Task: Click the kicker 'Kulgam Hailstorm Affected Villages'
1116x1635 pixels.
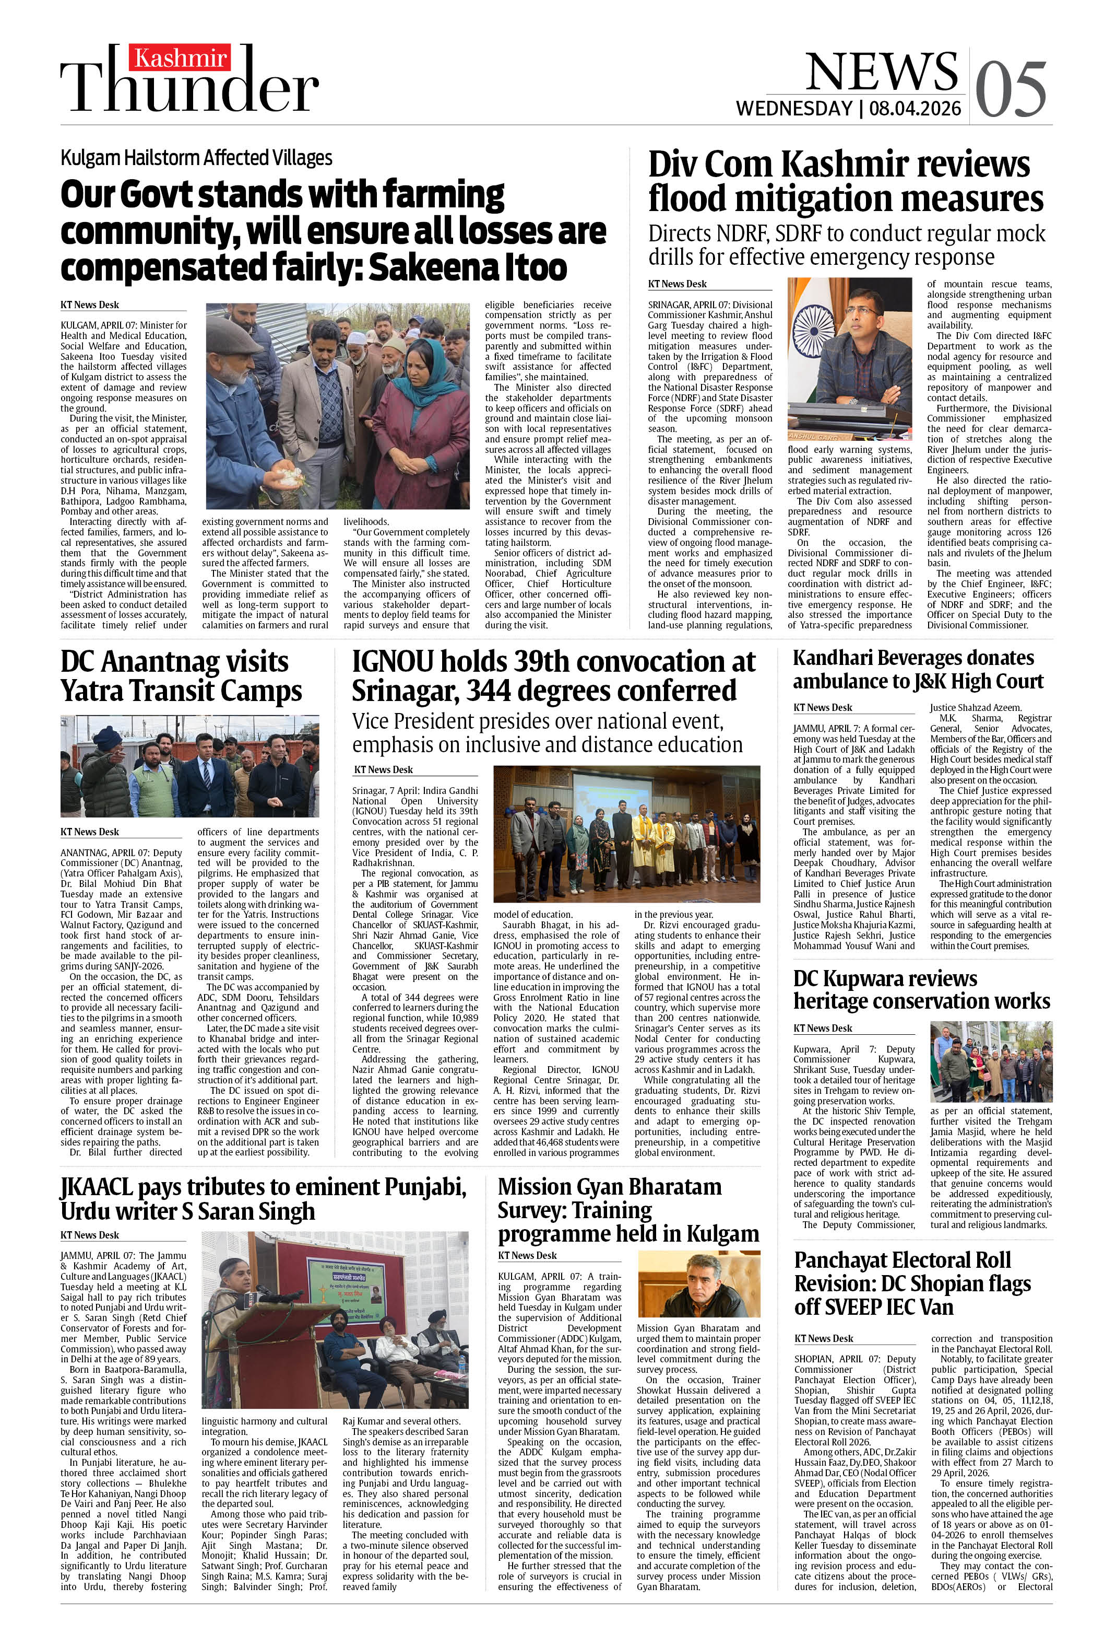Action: (x=196, y=158)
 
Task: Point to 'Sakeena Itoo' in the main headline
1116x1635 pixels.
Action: (x=468, y=267)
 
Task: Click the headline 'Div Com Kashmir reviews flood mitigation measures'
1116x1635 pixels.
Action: (x=845, y=181)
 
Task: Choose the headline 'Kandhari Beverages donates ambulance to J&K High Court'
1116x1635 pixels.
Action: (x=918, y=669)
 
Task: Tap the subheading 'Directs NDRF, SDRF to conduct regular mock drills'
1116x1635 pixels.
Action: (x=847, y=245)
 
